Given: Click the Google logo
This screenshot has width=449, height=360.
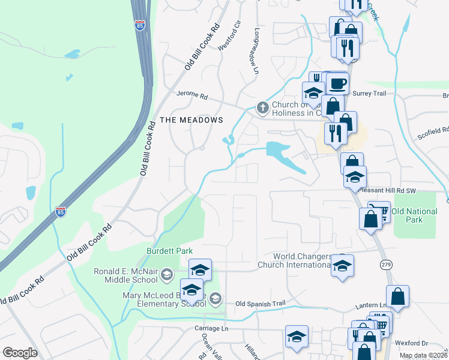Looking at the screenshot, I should (x=20, y=353).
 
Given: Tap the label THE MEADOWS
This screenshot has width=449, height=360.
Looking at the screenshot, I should (x=191, y=120).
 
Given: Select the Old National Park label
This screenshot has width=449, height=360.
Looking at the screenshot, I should (x=415, y=215).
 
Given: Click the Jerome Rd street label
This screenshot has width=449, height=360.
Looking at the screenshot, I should (x=191, y=95).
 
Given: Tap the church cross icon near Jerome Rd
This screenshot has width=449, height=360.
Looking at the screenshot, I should (x=262, y=108).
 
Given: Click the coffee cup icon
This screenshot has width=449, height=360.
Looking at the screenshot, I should (x=337, y=83).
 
